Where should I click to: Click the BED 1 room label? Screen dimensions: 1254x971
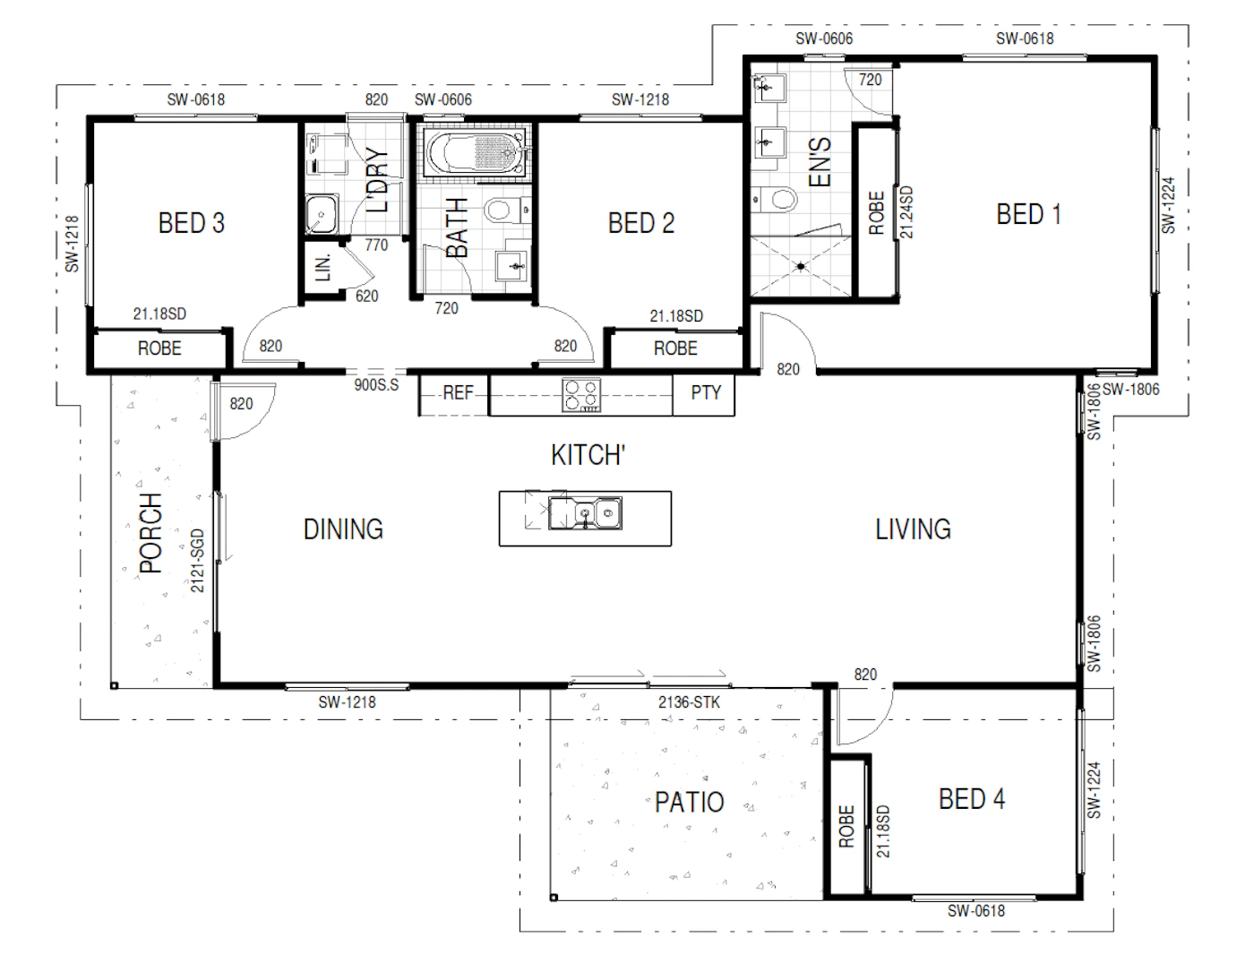coord(1028,214)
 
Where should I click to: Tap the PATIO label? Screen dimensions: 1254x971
coord(689,802)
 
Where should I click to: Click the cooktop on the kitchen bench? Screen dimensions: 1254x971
coord(581,395)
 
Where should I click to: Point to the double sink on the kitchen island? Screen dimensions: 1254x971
coord(585,513)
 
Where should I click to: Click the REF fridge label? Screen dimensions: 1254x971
coord(458,393)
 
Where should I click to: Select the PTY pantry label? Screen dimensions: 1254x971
coord(706,392)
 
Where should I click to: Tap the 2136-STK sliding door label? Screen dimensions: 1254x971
coord(689,702)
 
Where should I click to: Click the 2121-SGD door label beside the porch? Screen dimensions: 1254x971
coord(197,560)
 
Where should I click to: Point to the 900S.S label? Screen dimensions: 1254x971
coord(376,385)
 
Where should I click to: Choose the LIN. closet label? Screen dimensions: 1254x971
coord(323,267)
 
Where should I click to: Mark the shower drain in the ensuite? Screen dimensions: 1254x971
coord(801,266)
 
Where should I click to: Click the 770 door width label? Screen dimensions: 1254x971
coord(376,245)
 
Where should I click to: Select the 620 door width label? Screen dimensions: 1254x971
coord(366,296)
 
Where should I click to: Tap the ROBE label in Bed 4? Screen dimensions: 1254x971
coord(846,826)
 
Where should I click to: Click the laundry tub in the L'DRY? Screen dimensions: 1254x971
coord(322,213)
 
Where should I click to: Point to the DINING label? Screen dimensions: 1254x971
coord(343,529)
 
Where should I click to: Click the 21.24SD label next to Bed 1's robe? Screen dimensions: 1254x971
coord(906,211)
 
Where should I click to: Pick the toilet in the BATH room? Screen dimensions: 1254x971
coord(508,210)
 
